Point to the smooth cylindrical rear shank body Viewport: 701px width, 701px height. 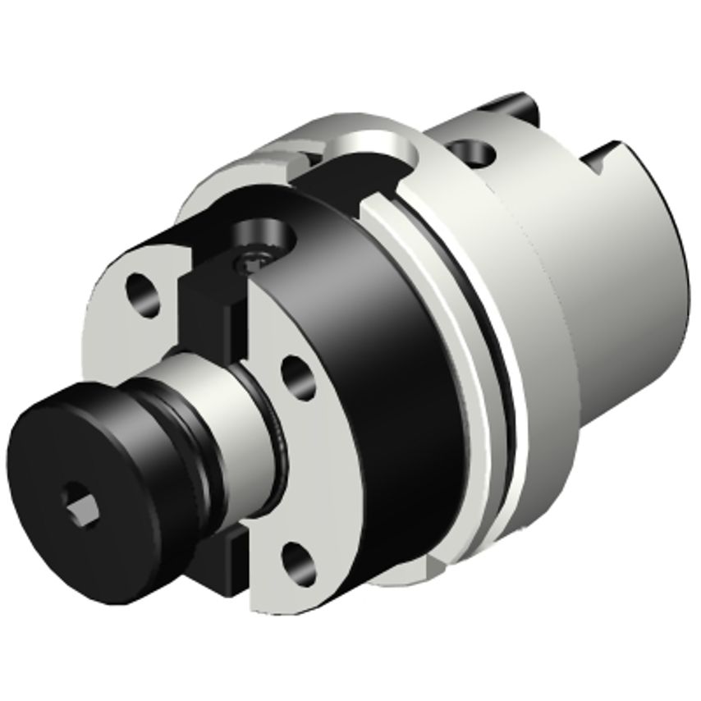(607, 312)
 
